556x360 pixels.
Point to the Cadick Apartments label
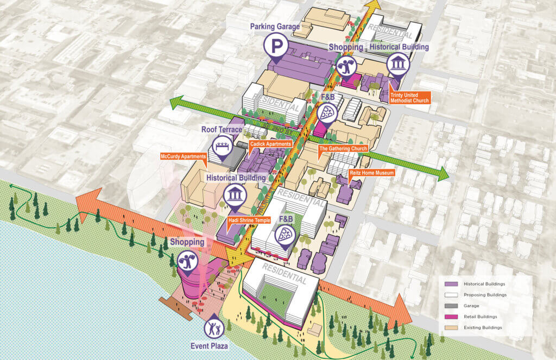tap(270, 144)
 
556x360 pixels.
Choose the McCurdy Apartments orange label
tap(184, 157)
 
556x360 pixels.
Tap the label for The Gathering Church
tap(343, 148)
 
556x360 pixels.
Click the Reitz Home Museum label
tap(371, 173)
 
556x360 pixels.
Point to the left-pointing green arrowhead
tap(175, 103)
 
